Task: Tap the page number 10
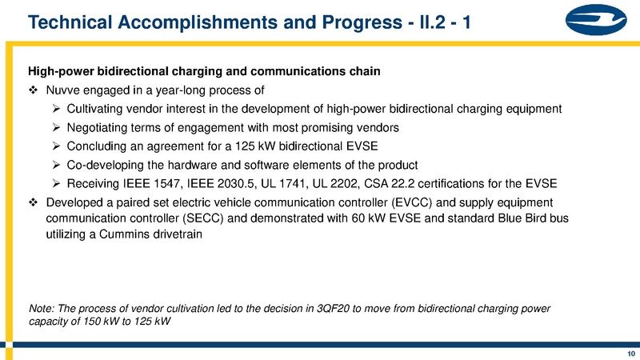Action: click(x=630, y=353)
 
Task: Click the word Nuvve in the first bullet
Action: click(x=65, y=90)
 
